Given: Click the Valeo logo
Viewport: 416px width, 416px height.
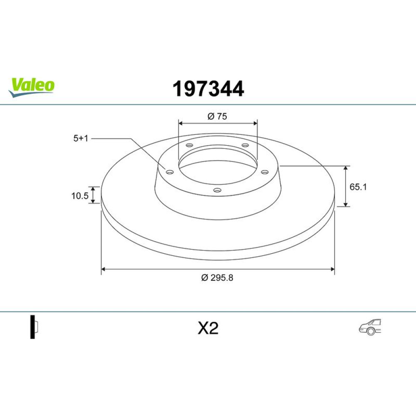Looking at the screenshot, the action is pyautogui.click(x=31, y=87).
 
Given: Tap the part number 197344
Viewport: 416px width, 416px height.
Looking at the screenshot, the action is pyautogui.click(x=208, y=89).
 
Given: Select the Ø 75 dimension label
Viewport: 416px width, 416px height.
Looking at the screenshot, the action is pyautogui.click(x=217, y=116).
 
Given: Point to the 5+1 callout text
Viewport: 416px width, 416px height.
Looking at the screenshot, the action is pyautogui.click(x=81, y=138).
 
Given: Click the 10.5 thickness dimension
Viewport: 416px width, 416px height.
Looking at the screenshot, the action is pyautogui.click(x=79, y=196).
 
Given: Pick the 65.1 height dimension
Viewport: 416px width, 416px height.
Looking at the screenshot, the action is pyautogui.click(x=358, y=187).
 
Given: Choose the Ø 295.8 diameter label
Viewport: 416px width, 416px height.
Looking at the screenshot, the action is pyautogui.click(x=217, y=278).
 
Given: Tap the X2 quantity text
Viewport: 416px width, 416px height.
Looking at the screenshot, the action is pyautogui.click(x=208, y=329).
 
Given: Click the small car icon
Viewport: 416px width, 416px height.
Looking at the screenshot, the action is pyautogui.click(x=370, y=327).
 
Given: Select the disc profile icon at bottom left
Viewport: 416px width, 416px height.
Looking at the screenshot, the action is pyautogui.click(x=34, y=327).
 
